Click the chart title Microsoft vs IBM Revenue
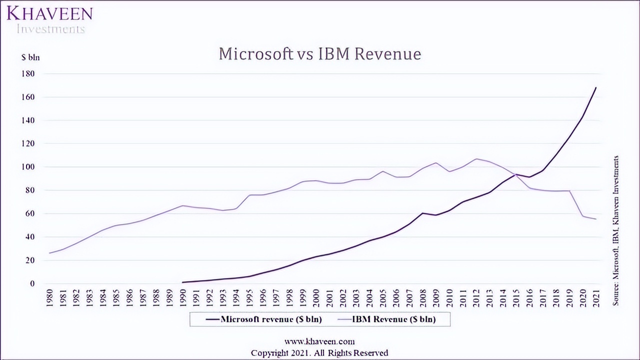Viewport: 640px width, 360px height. (x=319, y=54)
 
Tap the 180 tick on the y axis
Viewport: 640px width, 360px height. (x=27, y=74)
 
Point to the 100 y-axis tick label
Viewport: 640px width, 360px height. (x=27, y=167)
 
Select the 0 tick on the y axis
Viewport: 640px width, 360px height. (x=32, y=283)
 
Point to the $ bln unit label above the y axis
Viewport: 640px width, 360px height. (x=30, y=57)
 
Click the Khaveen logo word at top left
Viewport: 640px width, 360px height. (x=49, y=13)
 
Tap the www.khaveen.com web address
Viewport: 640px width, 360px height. (x=319, y=341)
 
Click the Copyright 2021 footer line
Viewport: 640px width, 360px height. (x=319, y=353)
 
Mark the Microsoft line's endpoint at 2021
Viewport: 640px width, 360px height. (x=596, y=87)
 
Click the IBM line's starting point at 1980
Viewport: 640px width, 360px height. (x=49, y=253)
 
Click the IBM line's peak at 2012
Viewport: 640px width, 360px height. (x=476, y=159)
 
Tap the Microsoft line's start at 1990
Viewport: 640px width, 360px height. (x=183, y=282)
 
